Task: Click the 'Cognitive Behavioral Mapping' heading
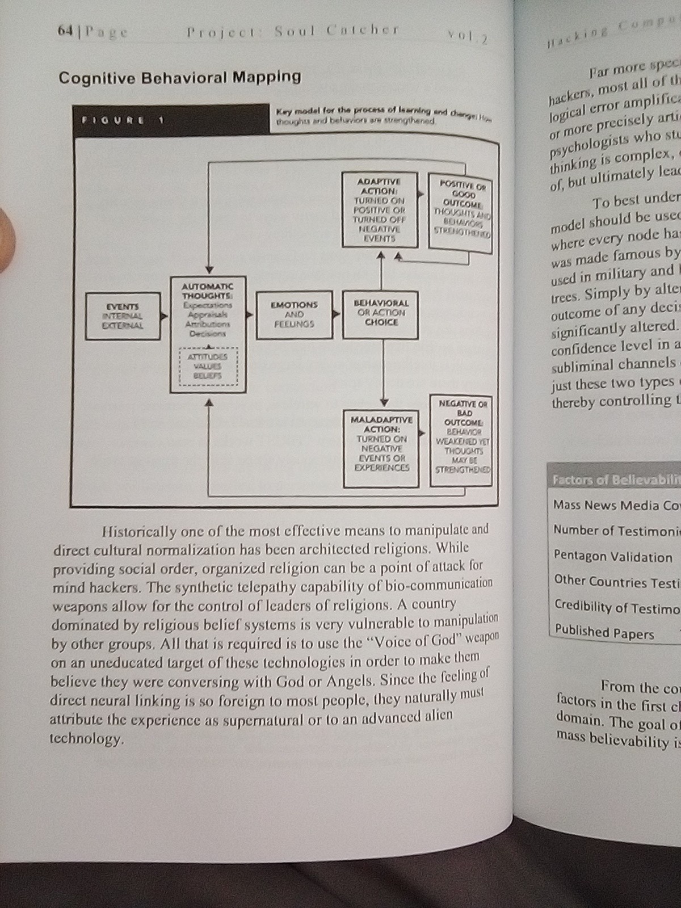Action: (179, 77)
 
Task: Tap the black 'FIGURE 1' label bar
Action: (170, 120)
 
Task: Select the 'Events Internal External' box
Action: (123, 316)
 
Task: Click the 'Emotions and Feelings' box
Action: (294, 314)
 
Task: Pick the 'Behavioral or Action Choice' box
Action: (380, 313)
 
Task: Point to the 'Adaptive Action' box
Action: (380, 210)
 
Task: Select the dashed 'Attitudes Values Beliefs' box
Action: (208, 365)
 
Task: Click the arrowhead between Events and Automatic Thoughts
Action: (165, 316)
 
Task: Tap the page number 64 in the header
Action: (66, 32)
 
